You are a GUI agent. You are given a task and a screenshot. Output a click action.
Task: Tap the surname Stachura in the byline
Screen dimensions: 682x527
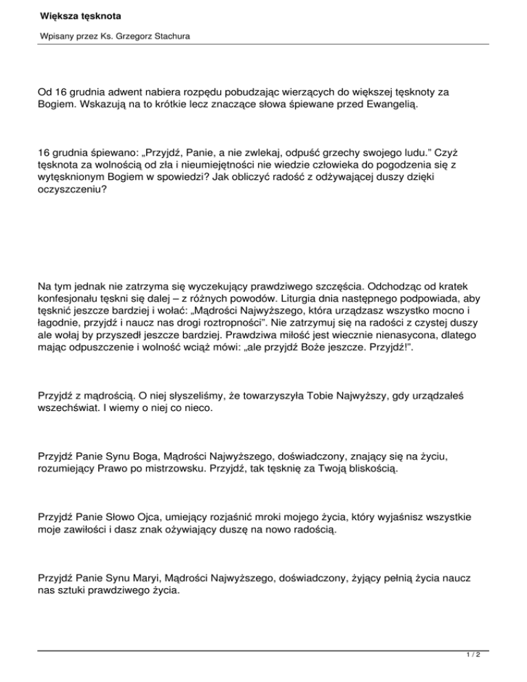[170, 35]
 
